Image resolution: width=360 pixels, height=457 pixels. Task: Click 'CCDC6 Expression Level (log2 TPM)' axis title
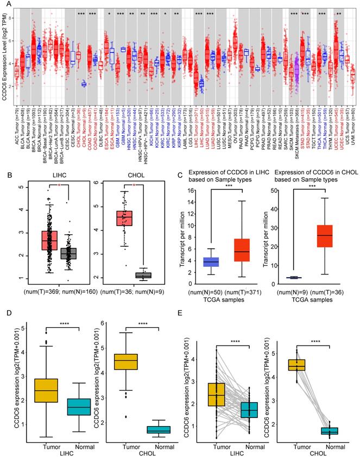click(5, 53)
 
